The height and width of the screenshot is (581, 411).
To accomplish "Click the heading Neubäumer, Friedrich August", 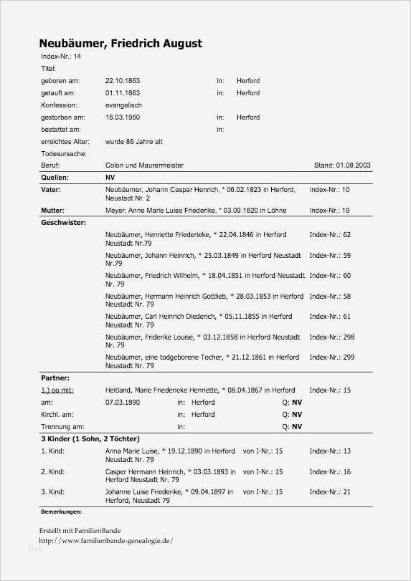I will click(121, 44).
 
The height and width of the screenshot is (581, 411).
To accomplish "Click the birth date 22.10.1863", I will click(123, 81).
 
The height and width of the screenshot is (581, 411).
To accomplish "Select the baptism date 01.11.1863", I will click(123, 93).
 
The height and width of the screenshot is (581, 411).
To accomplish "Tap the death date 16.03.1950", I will click(123, 117).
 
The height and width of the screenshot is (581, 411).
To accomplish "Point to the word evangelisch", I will click(123, 105).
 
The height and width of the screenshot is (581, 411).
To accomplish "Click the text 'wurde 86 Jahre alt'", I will click(133, 142).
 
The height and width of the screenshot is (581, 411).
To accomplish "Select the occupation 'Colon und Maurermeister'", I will click(144, 165).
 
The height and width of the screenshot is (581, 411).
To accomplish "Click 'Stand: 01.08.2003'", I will click(342, 165).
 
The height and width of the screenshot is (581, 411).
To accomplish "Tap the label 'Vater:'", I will click(51, 190).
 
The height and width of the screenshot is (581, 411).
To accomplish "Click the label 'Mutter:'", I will click(53, 211).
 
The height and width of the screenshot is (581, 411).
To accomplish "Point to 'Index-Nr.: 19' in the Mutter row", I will click(329, 211).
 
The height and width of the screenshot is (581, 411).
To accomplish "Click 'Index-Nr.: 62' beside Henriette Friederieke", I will click(329, 235).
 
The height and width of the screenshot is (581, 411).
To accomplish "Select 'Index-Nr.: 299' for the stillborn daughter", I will click(331, 357).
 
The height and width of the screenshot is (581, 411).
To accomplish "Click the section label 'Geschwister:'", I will click(63, 223).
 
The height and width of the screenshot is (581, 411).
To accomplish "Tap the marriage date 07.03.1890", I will click(123, 403).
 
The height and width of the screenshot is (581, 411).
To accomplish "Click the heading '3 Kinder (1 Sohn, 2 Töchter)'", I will click(90, 438).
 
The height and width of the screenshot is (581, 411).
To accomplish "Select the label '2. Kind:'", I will click(53, 472).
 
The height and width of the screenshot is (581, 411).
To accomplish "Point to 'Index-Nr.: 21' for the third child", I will click(329, 492).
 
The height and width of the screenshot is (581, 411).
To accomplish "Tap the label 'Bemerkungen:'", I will click(61, 512).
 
